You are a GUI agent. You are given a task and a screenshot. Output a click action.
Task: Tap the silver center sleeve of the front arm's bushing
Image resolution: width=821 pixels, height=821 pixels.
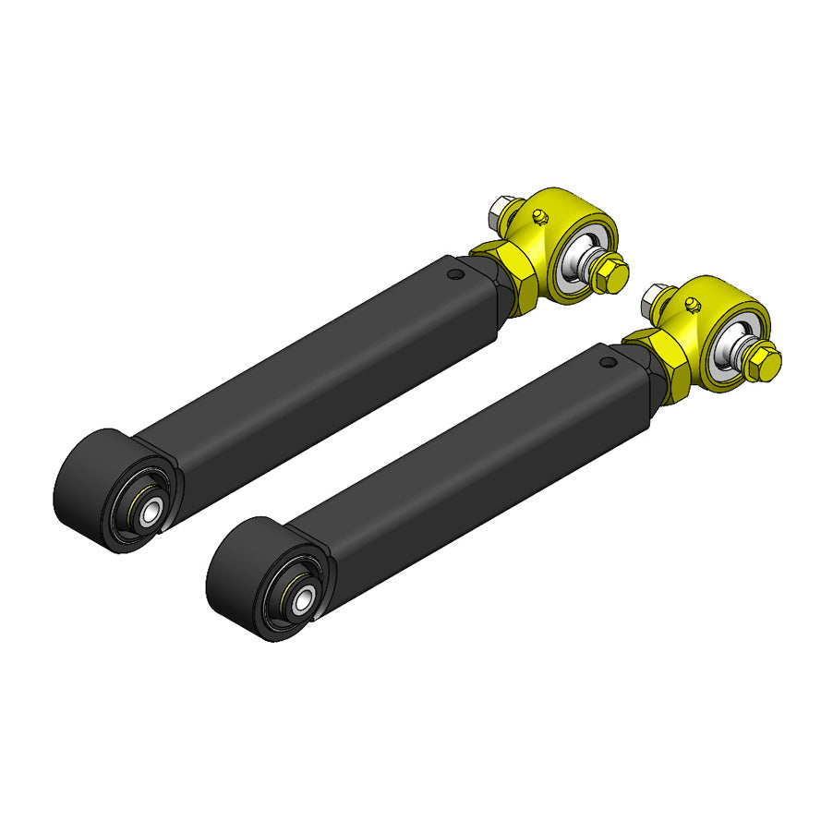303,598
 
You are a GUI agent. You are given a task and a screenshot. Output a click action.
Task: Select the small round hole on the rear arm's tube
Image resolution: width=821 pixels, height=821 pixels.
453,273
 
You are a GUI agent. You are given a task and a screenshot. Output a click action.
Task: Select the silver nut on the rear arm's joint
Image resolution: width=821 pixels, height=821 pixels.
503,211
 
